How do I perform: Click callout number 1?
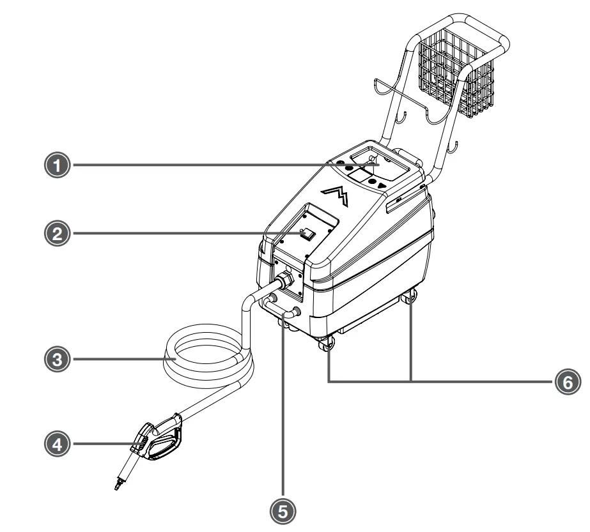pos(58,165)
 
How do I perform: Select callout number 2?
pos(58,234)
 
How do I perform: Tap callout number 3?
pos(58,360)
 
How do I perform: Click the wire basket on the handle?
pos(455,78)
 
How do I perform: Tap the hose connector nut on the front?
pos(281,280)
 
